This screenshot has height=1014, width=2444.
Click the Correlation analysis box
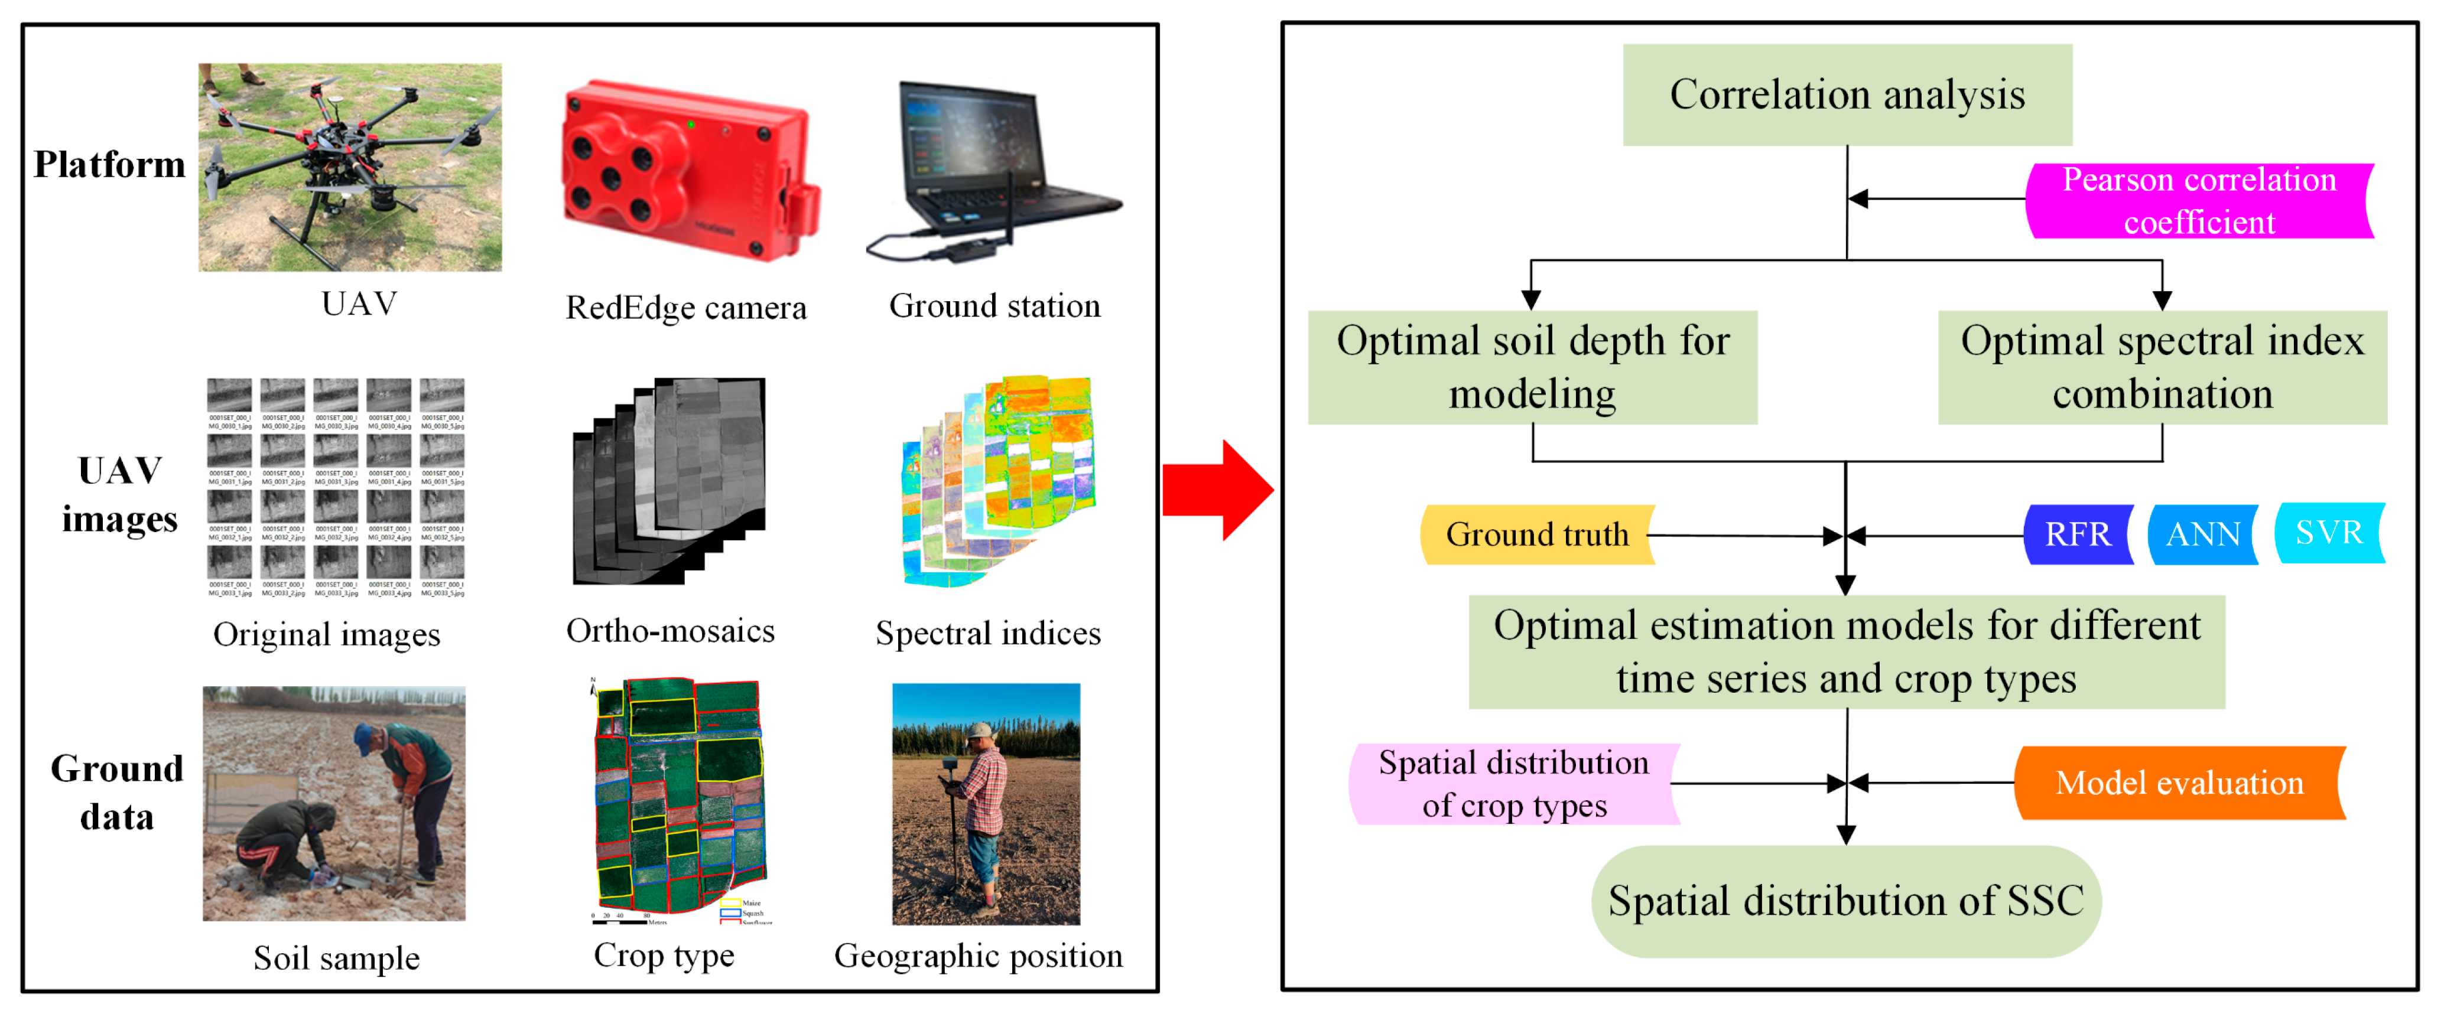coord(1846,95)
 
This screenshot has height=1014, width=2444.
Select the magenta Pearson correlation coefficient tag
coord(2198,200)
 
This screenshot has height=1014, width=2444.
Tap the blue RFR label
coord(2078,534)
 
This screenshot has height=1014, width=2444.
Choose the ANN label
coord(2202,534)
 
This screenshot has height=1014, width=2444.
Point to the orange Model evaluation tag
coord(2178,782)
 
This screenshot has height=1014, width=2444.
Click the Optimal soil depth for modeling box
coord(1532,367)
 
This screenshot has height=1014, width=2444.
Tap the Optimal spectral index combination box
coord(2162,367)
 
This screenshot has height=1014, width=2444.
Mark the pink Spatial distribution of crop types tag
coord(1513,784)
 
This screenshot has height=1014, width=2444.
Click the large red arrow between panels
coord(1218,490)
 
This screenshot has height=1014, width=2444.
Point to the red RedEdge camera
coord(688,171)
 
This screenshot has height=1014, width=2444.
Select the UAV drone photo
coord(349,167)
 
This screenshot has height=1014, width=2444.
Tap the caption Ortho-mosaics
coord(670,631)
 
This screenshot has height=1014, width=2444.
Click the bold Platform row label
coord(109,165)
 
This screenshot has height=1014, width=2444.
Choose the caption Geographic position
coord(978,955)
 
